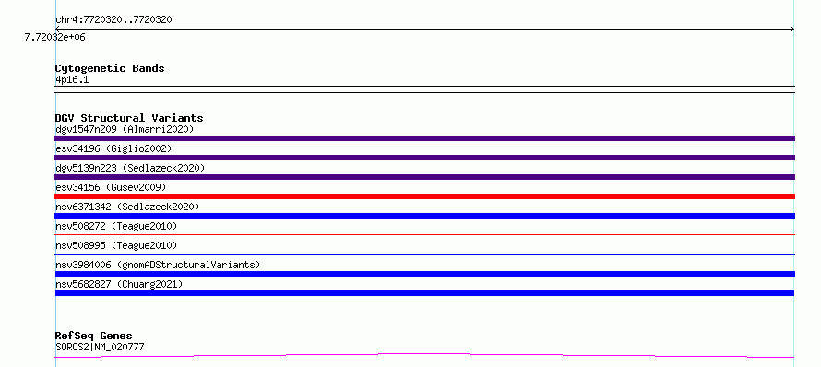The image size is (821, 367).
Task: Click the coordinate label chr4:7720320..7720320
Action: pos(113,20)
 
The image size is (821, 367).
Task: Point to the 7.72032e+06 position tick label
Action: pos(55,37)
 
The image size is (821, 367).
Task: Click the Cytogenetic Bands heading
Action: pos(110,68)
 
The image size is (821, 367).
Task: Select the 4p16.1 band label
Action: pos(72,79)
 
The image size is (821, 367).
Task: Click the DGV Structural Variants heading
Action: pos(129,118)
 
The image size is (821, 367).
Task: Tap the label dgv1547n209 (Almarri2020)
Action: pos(125,129)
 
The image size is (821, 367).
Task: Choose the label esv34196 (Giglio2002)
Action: pos(113,148)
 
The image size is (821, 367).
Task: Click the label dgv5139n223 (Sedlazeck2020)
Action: pos(130,168)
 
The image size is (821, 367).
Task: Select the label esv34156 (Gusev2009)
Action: pos(111,187)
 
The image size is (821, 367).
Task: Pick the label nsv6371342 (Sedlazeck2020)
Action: pos(127,207)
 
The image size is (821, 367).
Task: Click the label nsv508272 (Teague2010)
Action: pos(116,226)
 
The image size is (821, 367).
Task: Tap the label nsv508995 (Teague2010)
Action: pos(116,245)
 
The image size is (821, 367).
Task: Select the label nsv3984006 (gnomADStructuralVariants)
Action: pos(158,265)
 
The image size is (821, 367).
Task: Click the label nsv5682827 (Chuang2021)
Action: pos(119,284)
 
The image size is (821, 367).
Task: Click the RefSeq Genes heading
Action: pos(94,336)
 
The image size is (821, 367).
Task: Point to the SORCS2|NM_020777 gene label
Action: pos(100,347)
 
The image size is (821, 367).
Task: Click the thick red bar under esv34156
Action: pos(424,196)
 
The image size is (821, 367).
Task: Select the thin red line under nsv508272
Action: pos(424,234)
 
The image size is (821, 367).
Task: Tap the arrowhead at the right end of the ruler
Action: pos(792,30)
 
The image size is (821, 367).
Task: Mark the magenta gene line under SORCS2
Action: pos(424,356)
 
